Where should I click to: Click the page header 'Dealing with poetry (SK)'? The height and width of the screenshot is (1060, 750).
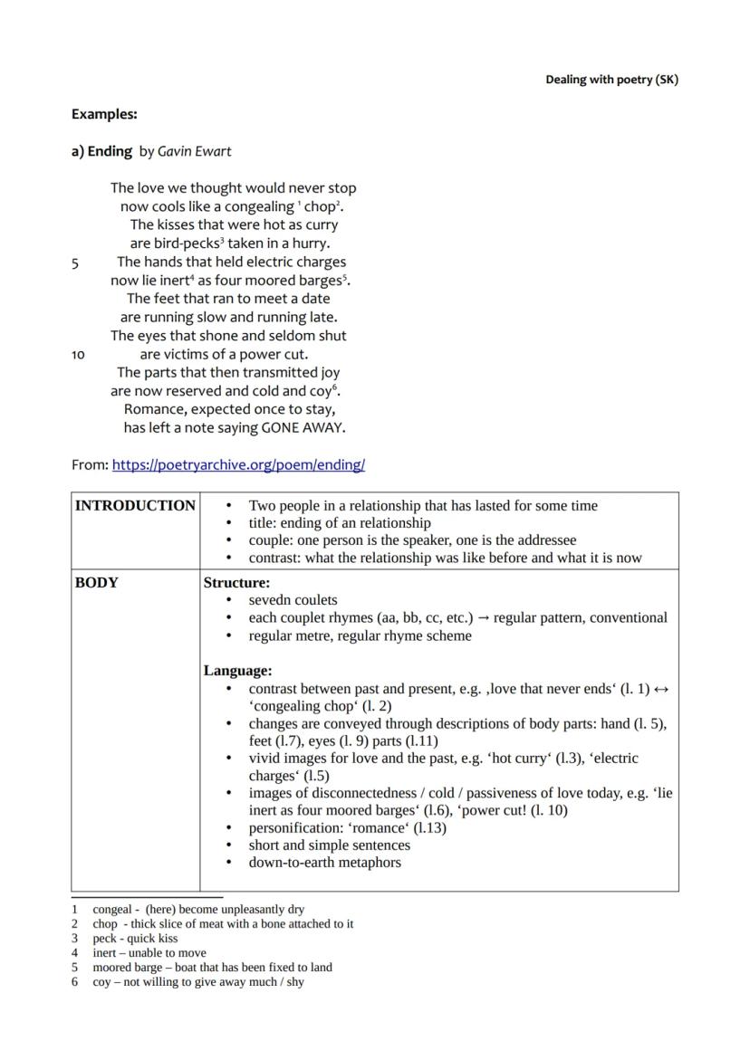point(611,80)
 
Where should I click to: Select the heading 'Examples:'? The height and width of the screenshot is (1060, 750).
point(104,115)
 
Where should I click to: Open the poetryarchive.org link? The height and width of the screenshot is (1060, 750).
point(238,465)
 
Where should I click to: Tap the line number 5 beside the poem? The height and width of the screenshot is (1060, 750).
point(75,263)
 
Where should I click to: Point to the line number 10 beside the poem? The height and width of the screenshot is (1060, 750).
point(78,355)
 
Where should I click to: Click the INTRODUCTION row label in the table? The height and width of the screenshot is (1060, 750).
point(135,506)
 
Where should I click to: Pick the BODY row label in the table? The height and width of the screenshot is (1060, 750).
point(96,583)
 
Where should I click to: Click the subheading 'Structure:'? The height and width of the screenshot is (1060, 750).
point(236,583)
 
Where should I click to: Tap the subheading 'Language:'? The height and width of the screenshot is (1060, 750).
point(237,671)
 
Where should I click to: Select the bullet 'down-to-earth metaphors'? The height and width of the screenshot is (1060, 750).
point(324,863)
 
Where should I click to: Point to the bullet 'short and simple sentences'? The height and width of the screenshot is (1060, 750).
point(329,845)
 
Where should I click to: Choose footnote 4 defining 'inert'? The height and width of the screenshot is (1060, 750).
point(149,953)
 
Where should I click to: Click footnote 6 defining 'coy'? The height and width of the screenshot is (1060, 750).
point(198,982)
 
